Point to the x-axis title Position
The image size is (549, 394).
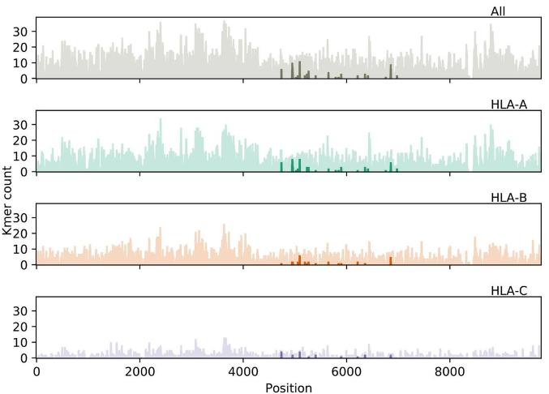[288, 388]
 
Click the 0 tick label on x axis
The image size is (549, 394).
[36, 372]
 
